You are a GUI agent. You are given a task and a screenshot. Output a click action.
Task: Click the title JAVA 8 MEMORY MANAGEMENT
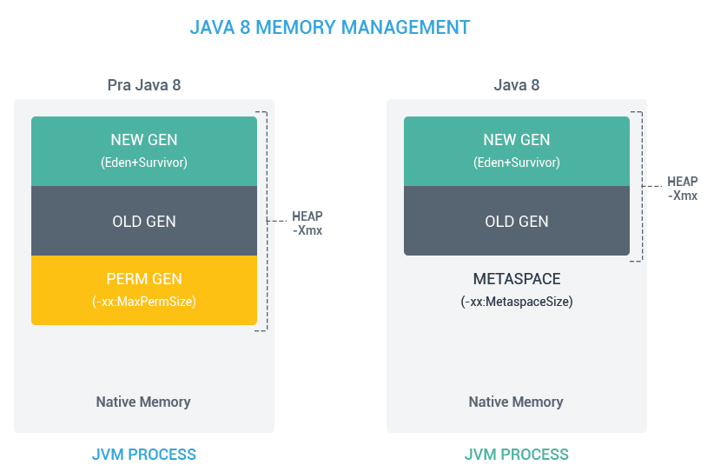tap(330, 27)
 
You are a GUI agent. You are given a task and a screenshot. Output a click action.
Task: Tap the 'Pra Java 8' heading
tap(144, 85)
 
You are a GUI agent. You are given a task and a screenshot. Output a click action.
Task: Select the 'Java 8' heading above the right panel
tap(516, 85)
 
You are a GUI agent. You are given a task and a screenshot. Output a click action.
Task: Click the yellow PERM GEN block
tap(144, 290)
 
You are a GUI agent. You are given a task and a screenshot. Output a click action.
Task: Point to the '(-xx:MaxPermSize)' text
tap(144, 302)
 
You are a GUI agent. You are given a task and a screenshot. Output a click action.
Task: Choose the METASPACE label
tap(516, 279)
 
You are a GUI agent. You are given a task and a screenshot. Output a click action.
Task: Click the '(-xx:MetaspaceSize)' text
tap(516, 302)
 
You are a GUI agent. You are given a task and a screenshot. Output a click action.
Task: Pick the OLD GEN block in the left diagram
tap(144, 221)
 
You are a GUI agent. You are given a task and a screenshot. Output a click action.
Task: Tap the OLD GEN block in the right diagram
tap(516, 221)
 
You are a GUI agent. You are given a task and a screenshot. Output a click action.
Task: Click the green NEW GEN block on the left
tap(144, 151)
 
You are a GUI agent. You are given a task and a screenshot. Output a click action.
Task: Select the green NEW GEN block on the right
tap(516, 151)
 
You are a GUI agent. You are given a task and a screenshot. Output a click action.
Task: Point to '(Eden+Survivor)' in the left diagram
tap(144, 163)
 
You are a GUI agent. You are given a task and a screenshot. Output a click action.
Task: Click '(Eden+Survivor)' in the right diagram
tap(516, 163)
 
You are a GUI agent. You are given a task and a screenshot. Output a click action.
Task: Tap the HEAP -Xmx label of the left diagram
tap(307, 223)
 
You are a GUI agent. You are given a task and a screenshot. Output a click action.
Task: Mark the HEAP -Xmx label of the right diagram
tap(683, 189)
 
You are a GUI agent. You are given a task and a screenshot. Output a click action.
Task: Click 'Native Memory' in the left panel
tap(143, 402)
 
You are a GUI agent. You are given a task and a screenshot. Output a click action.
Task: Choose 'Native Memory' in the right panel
tap(516, 402)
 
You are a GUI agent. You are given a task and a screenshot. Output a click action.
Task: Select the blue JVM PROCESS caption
tap(144, 455)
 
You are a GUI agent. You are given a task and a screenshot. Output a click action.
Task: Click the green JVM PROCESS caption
tap(516, 455)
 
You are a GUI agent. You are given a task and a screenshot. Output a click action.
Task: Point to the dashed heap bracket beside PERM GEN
tap(267, 221)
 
